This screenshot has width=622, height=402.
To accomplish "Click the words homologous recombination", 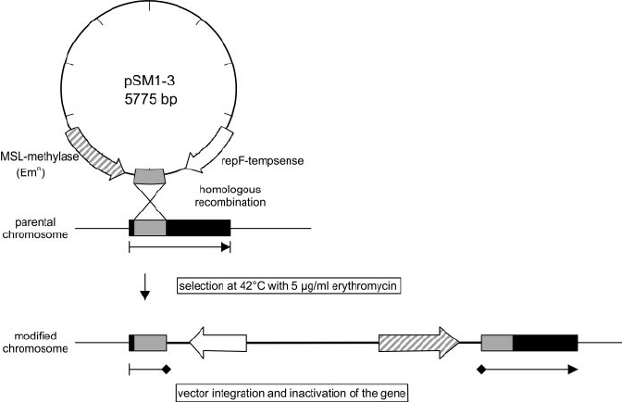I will tap(230, 195).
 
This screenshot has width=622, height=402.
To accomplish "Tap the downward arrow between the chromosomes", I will tap(144, 293).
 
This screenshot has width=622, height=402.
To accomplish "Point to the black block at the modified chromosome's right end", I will tap(545, 344).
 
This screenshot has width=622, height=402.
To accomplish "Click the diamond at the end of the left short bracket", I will tap(167, 370).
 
